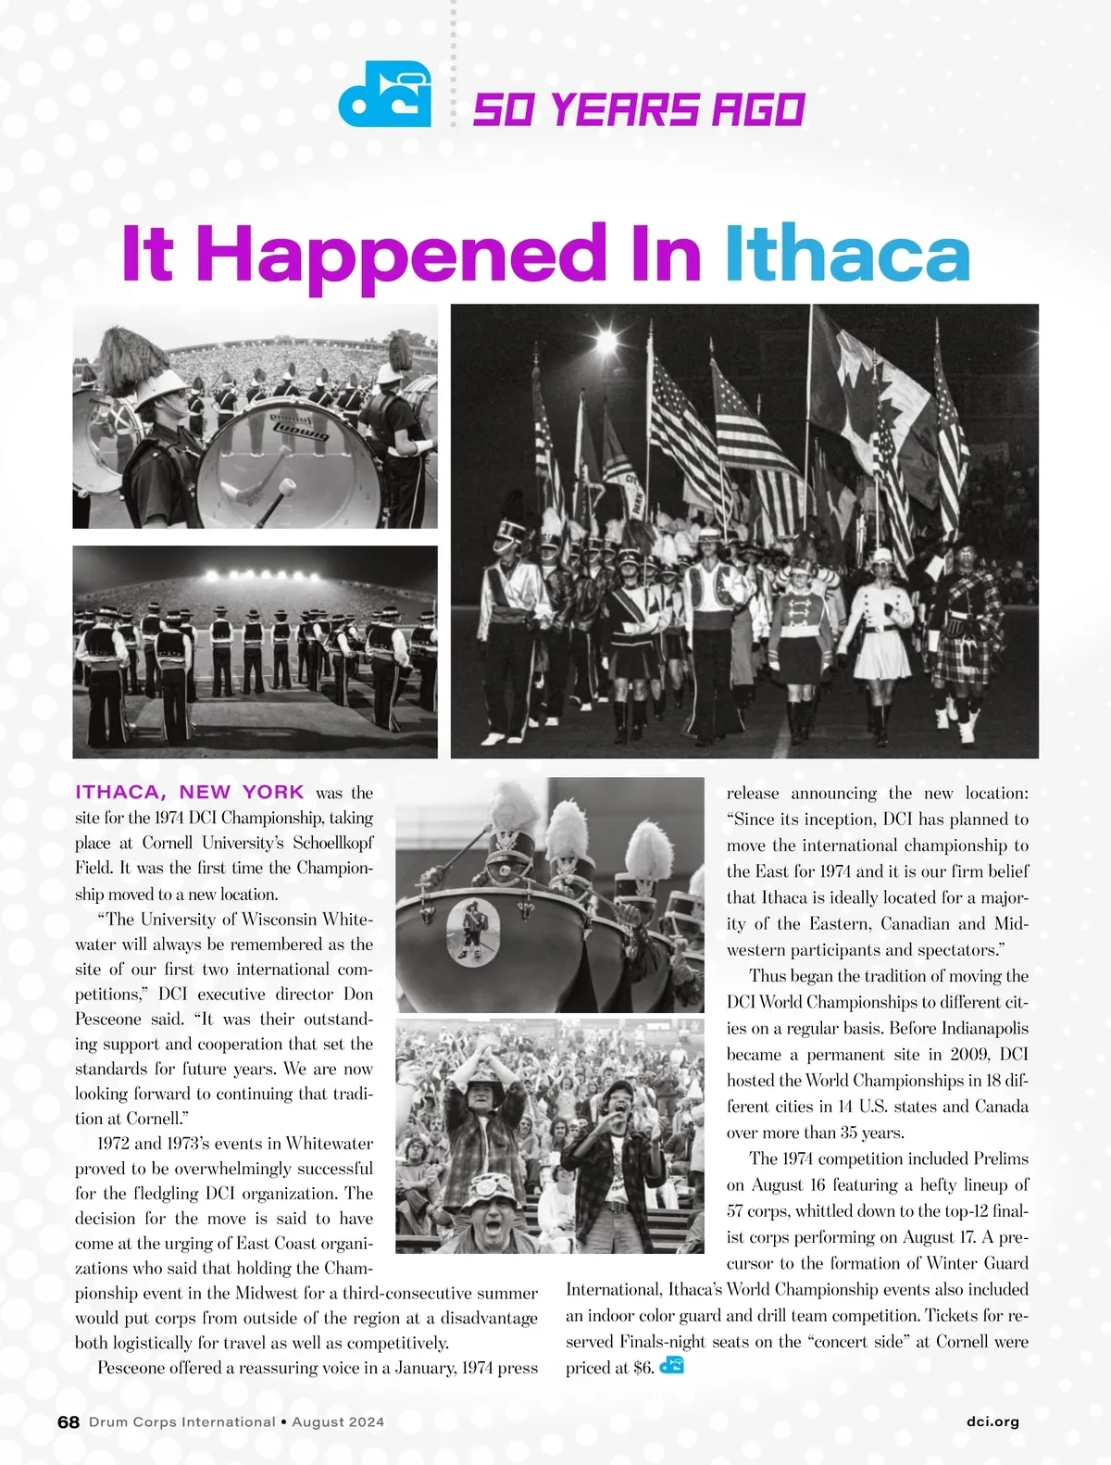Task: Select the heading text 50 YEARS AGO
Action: (x=638, y=110)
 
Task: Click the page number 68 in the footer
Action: (x=69, y=1421)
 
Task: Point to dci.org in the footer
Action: (x=992, y=1421)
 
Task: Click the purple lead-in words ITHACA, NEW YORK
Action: (x=190, y=792)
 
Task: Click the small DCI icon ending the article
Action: (x=672, y=1366)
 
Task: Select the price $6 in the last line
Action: (x=643, y=1368)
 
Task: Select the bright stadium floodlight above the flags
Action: (x=607, y=344)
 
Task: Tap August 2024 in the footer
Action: (x=338, y=1421)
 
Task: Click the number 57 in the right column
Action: (x=738, y=1210)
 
